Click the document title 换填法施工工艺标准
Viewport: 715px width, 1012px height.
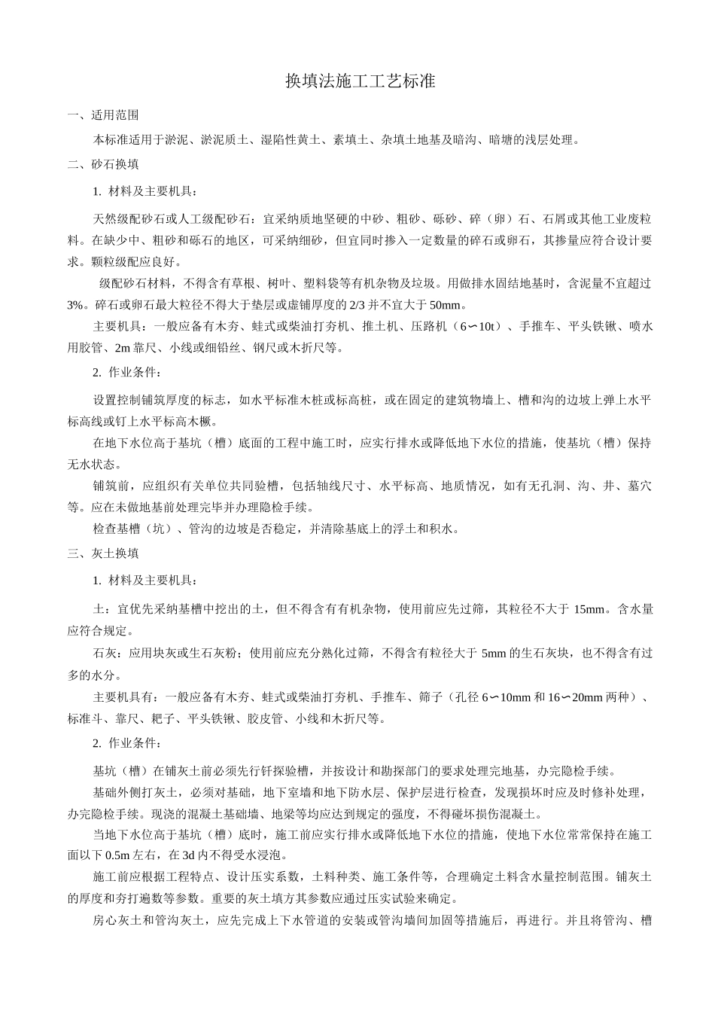pyautogui.click(x=361, y=81)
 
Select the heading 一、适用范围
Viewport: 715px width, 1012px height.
pyautogui.click(x=102, y=116)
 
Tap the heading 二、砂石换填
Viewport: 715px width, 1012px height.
pyautogui.click(x=102, y=163)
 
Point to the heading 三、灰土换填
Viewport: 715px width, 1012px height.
pyautogui.click(x=102, y=553)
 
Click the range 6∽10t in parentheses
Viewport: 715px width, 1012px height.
pyautogui.click(x=479, y=327)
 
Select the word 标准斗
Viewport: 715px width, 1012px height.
pyautogui.click(x=82, y=719)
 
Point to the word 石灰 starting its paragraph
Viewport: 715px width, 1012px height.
pyautogui.click(x=105, y=653)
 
